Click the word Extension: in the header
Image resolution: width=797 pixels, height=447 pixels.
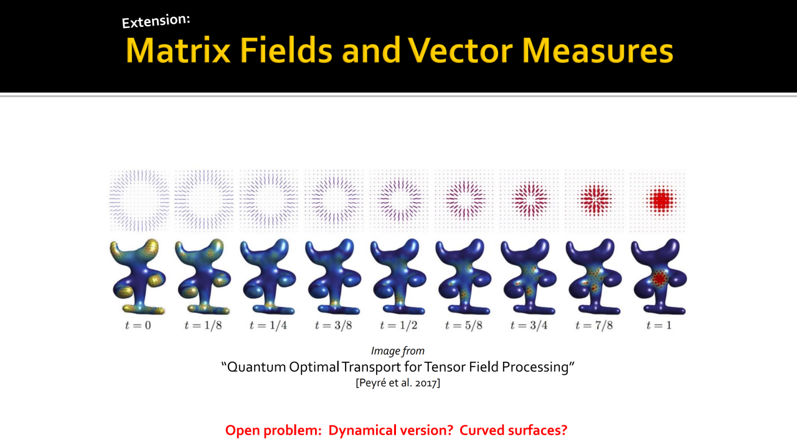[156, 21]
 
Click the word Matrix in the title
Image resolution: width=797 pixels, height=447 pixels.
[178, 51]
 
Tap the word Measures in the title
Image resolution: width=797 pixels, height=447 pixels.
[598, 51]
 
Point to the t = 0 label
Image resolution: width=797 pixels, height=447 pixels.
[138, 325]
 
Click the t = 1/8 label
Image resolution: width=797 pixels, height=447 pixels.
[203, 325]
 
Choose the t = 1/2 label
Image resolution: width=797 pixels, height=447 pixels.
[398, 325]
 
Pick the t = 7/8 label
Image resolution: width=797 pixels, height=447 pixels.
[594, 325]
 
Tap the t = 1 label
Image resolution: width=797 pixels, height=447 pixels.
[659, 325]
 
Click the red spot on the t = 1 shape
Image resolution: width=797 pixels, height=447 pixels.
[659, 279]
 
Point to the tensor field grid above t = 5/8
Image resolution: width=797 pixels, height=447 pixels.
[464, 200]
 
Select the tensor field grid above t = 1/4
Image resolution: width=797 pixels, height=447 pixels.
[268, 200]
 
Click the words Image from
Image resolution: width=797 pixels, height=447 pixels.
[398, 351]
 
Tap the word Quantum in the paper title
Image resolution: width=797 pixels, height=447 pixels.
[256, 367]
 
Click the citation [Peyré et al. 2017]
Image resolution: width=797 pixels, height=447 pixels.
[398, 383]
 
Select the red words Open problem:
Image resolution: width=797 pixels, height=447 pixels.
[273, 431]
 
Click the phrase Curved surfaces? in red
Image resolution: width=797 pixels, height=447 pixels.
[513, 431]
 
